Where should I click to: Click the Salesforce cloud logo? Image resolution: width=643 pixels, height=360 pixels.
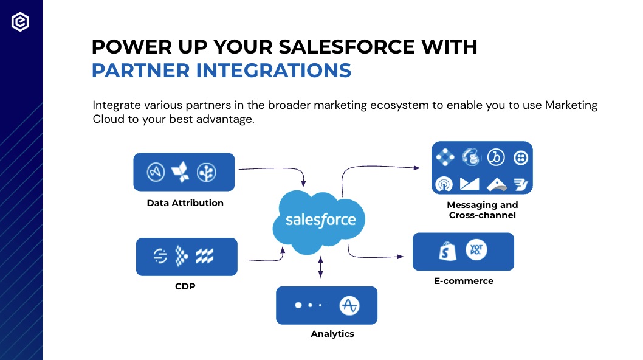click(x=319, y=222)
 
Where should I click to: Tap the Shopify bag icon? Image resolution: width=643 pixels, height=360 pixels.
click(x=447, y=251)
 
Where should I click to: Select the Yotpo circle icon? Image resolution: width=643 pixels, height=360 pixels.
click(x=476, y=249)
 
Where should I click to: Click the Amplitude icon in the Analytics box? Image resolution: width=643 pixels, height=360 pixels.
click(x=349, y=305)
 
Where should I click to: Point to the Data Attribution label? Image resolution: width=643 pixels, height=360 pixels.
click(x=185, y=202)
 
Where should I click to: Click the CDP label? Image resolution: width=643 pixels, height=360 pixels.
click(x=185, y=286)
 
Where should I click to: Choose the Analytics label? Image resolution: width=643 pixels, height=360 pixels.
click(x=332, y=334)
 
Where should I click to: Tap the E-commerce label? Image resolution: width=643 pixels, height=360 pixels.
click(x=464, y=281)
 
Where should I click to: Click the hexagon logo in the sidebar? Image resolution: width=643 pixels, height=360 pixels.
click(x=20, y=22)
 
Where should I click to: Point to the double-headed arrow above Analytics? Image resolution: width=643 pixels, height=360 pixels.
click(x=321, y=267)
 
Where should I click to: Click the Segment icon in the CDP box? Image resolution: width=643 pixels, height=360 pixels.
click(x=160, y=256)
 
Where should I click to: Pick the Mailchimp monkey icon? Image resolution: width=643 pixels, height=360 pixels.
click(x=470, y=157)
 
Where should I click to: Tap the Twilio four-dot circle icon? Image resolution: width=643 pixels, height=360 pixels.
click(x=521, y=157)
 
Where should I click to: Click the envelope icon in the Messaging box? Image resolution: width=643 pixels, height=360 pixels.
click(x=470, y=184)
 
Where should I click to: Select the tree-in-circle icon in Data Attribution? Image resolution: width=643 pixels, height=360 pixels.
click(x=206, y=173)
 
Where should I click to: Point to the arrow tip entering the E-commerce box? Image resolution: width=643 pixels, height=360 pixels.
click(x=404, y=257)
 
